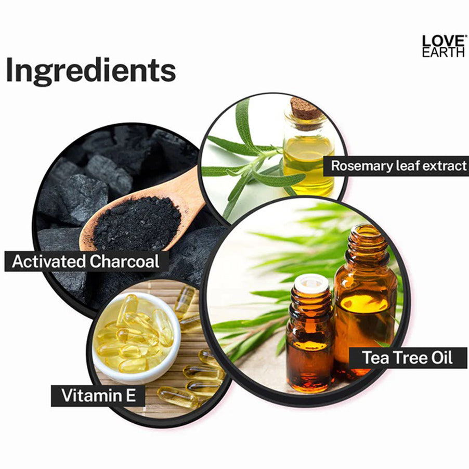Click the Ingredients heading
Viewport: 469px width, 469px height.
(90, 71)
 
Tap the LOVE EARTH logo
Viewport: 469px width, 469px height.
(444, 46)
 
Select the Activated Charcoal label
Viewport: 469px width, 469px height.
(86, 262)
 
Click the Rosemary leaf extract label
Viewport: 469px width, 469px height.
(396, 166)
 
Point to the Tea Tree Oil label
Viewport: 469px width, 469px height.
(408, 357)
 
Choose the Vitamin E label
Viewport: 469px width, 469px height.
(98, 395)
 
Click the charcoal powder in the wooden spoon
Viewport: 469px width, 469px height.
(137, 223)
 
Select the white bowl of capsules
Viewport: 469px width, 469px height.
(137, 338)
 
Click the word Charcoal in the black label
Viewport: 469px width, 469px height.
(124, 262)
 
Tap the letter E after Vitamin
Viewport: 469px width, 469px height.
(131, 395)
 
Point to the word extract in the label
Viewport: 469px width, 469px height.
(446, 166)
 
